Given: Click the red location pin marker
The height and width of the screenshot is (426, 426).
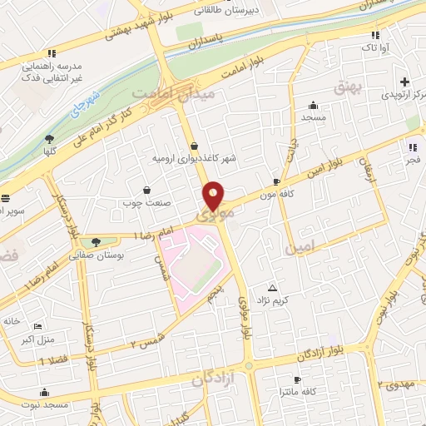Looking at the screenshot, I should (x=214, y=197).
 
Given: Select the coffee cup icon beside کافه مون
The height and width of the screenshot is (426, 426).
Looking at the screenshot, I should (x=277, y=180).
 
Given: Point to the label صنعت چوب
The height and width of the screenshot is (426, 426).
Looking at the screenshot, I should (x=146, y=202).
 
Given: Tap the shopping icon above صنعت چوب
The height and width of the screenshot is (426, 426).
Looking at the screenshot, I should (x=147, y=190).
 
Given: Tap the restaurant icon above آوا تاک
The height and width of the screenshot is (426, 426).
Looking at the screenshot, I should (x=376, y=35).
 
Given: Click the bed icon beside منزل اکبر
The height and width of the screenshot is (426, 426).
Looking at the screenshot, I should (x=36, y=324).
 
